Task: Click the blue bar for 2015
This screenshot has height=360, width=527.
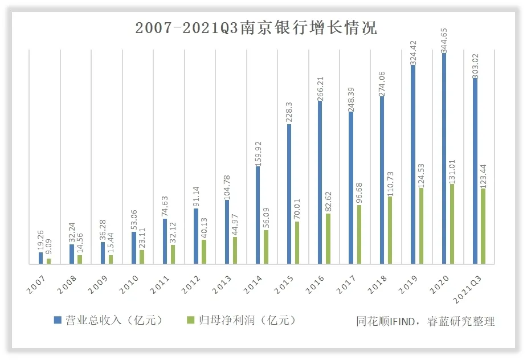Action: pyautogui.click(x=289, y=194)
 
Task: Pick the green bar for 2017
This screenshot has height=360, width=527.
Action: pyautogui.click(x=359, y=234)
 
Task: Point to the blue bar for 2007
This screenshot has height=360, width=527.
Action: pyautogui.click(x=40, y=258)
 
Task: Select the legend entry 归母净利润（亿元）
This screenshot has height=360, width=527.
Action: pyautogui.click(x=242, y=320)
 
